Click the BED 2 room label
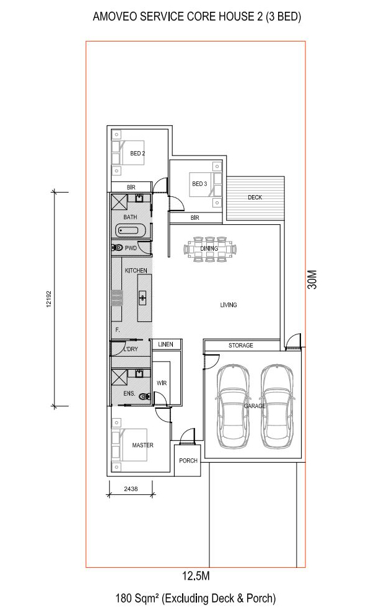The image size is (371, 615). pyautogui.click(x=137, y=153)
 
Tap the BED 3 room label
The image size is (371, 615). pyautogui.click(x=199, y=184)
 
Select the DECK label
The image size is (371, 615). pyautogui.click(x=255, y=198)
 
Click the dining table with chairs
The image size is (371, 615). pyautogui.click(x=209, y=249)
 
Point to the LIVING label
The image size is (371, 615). pyautogui.click(x=229, y=305)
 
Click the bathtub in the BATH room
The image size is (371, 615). pyautogui.click(x=131, y=231)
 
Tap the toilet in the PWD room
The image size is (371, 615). pyautogui.click(x=117, y=248)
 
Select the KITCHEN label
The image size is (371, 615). pyautogui.click(x=136, y=271)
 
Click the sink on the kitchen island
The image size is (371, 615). pyautogui.click(x=142, y=298)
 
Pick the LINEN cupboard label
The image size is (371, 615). pyautogui.click(x=165, y=344)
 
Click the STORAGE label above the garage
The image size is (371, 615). pyautogui.click(x=240, y=346)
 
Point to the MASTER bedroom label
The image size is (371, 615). pyautogui.click(x=142, y=445)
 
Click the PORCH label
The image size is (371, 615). pyautogui.click(x=188, y=461)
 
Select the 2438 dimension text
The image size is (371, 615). pyautogui.click(x=131, y=489)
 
